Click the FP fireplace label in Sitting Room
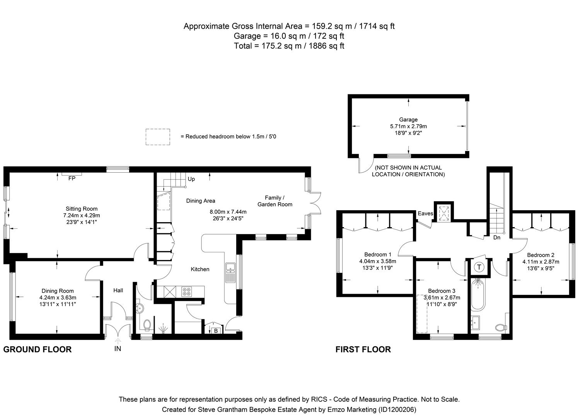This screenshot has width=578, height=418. coord(72,178)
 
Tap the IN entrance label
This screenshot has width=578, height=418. coord(118,349)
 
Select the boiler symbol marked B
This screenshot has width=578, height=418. coord(216,331)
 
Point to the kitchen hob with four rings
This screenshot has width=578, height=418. coord(186,291)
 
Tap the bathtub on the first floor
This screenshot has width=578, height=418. coord(478,294)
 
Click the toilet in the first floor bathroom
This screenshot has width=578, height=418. coord(501,327)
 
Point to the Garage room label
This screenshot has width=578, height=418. coord(408,120)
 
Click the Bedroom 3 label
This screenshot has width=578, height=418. coord(441,291)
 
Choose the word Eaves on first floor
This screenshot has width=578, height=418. coord(425,214)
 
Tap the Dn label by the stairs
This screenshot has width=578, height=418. coord(497,237)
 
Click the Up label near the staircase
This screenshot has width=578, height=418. coord(191,179)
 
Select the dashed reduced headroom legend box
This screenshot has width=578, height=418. coord(158,137)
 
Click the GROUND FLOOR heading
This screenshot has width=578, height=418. coord(38,349)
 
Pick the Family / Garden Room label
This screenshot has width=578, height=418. coord(275,201)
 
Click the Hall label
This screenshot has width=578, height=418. coord(118,290)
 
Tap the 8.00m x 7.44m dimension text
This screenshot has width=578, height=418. coord(228,212)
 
